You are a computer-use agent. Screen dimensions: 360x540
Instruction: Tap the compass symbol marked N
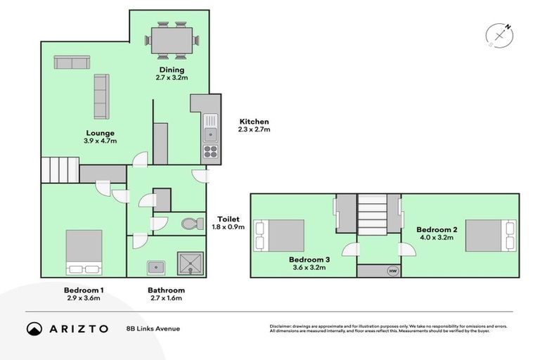(x=499, y=34)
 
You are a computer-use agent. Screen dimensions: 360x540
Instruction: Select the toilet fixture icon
(x=190, y=224)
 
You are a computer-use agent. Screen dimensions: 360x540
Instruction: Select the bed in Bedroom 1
(x=84, y=252)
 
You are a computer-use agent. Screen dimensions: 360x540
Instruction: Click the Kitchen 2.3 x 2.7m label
(x=253, y=125)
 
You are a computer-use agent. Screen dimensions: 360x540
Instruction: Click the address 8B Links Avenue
(x=153, y=328)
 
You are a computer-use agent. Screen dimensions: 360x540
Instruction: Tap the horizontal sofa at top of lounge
(x=71, y=63)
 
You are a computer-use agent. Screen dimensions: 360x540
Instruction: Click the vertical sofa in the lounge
(x=101, y=97)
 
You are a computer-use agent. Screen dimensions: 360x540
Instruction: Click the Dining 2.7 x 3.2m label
(x=171, y=74)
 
